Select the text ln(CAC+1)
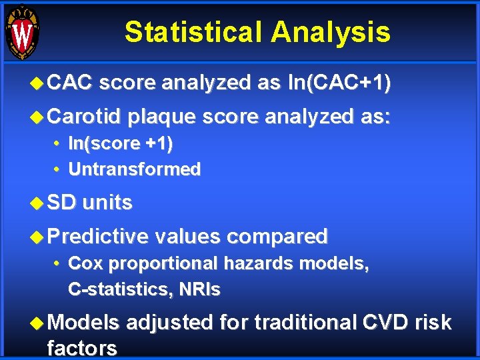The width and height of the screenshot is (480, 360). tap(339, 83)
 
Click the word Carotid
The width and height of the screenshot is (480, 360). tap(84, 117)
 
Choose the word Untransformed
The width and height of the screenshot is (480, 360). tap(134, 169)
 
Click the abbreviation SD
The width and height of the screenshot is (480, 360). tap(62, 203)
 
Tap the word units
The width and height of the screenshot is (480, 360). tap(107, 203)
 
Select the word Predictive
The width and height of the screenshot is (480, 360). tap(98, 236)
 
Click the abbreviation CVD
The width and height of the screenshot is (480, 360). tap(387, 323)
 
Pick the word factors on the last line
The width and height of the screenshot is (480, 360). tap(82, 347)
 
